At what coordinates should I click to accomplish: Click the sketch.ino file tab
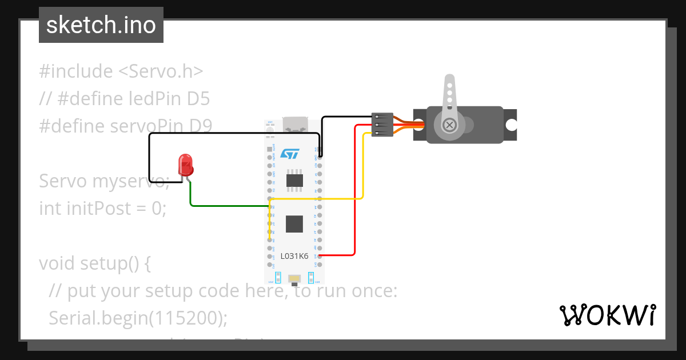point(101,25)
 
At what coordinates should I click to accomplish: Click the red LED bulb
point(185,164)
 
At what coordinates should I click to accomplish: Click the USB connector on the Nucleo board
point(295,125)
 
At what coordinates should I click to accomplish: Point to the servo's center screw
point(450,124)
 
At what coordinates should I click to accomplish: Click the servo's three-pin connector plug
point(382,124)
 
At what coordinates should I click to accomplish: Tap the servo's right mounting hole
point(510,125)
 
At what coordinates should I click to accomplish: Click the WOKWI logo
point(607,315)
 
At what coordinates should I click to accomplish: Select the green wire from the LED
point(229,205)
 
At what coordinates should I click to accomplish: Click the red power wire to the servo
point(355,194)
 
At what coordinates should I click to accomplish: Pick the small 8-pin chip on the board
point(294,180)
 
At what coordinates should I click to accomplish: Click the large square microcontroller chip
point(294,223)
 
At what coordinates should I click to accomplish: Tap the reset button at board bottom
point(294,279)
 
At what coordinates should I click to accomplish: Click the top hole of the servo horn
point(450,84)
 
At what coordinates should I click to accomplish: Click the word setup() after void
point(115,263)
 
